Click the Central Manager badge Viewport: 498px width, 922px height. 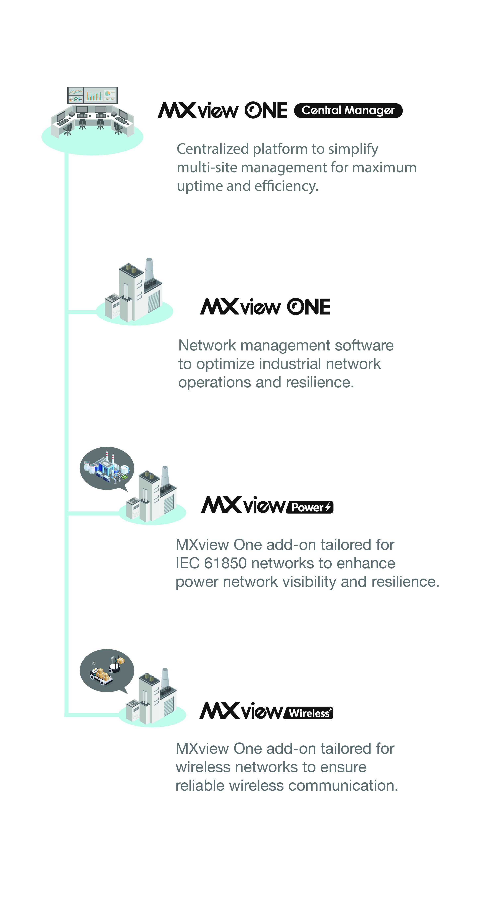(348, 110)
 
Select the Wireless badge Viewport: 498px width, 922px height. (308, 713)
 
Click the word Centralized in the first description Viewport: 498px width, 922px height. (213, 149)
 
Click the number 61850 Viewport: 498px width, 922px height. (225, 563)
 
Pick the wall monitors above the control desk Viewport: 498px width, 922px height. (92, 95)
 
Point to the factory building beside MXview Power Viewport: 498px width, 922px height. (152, 494)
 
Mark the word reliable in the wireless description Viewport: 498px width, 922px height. (200, 786)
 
